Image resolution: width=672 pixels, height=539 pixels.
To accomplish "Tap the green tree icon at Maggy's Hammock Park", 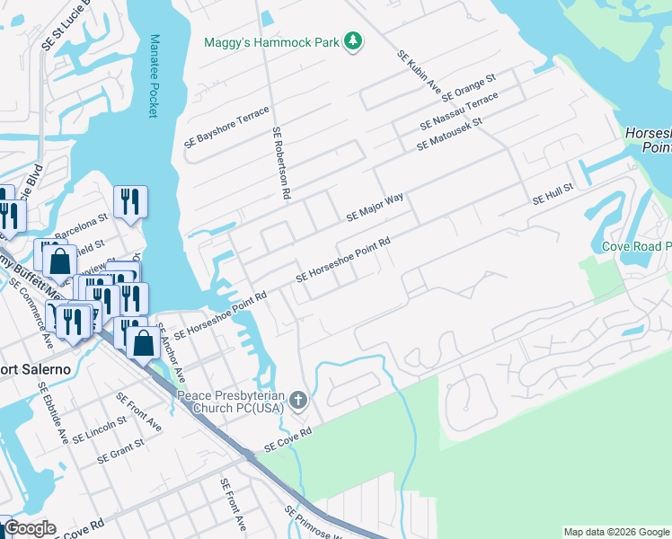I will (x=354, y=41).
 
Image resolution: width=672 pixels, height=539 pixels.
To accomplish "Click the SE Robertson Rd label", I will (x=280, y=163).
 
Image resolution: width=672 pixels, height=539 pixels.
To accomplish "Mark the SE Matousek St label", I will (x=449, y=134).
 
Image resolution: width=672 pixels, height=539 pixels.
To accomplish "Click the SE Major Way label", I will (x=375, y=208).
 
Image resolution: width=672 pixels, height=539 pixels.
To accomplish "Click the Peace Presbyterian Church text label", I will (x=230, y=402).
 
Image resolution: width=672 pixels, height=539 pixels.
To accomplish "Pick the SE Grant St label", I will (x=121, y=450).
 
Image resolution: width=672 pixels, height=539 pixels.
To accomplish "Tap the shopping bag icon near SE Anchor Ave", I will (x=144, y=341).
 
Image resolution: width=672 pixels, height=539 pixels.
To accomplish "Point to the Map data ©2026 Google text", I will (x=615, y=532).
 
